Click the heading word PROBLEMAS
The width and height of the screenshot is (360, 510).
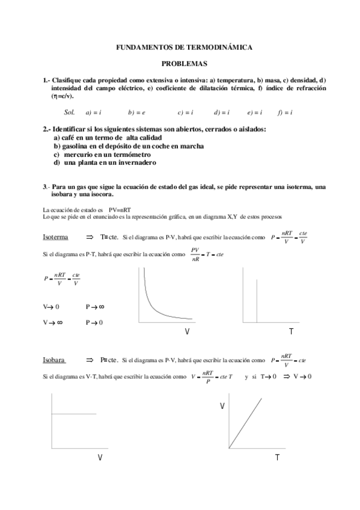click(184, 63)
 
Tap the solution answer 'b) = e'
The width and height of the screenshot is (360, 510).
click(137, 112)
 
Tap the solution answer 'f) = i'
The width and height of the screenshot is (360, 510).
click(285, 112)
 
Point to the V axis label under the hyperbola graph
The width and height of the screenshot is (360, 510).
click(188, 332)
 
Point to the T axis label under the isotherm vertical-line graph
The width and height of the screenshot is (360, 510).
click(291, 332)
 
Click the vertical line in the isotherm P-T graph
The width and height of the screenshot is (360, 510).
click(257, 301)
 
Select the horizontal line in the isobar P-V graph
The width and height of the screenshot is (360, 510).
click(75, 414)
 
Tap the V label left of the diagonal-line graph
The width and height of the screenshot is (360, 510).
click(222, 407)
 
